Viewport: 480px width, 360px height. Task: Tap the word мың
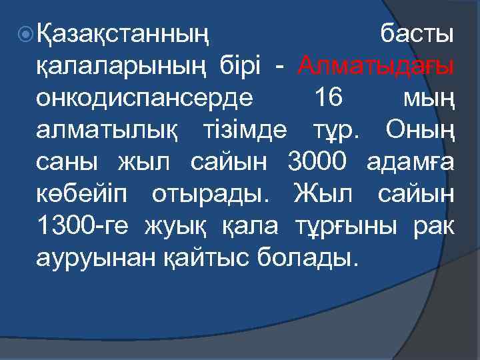click(429, 100)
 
